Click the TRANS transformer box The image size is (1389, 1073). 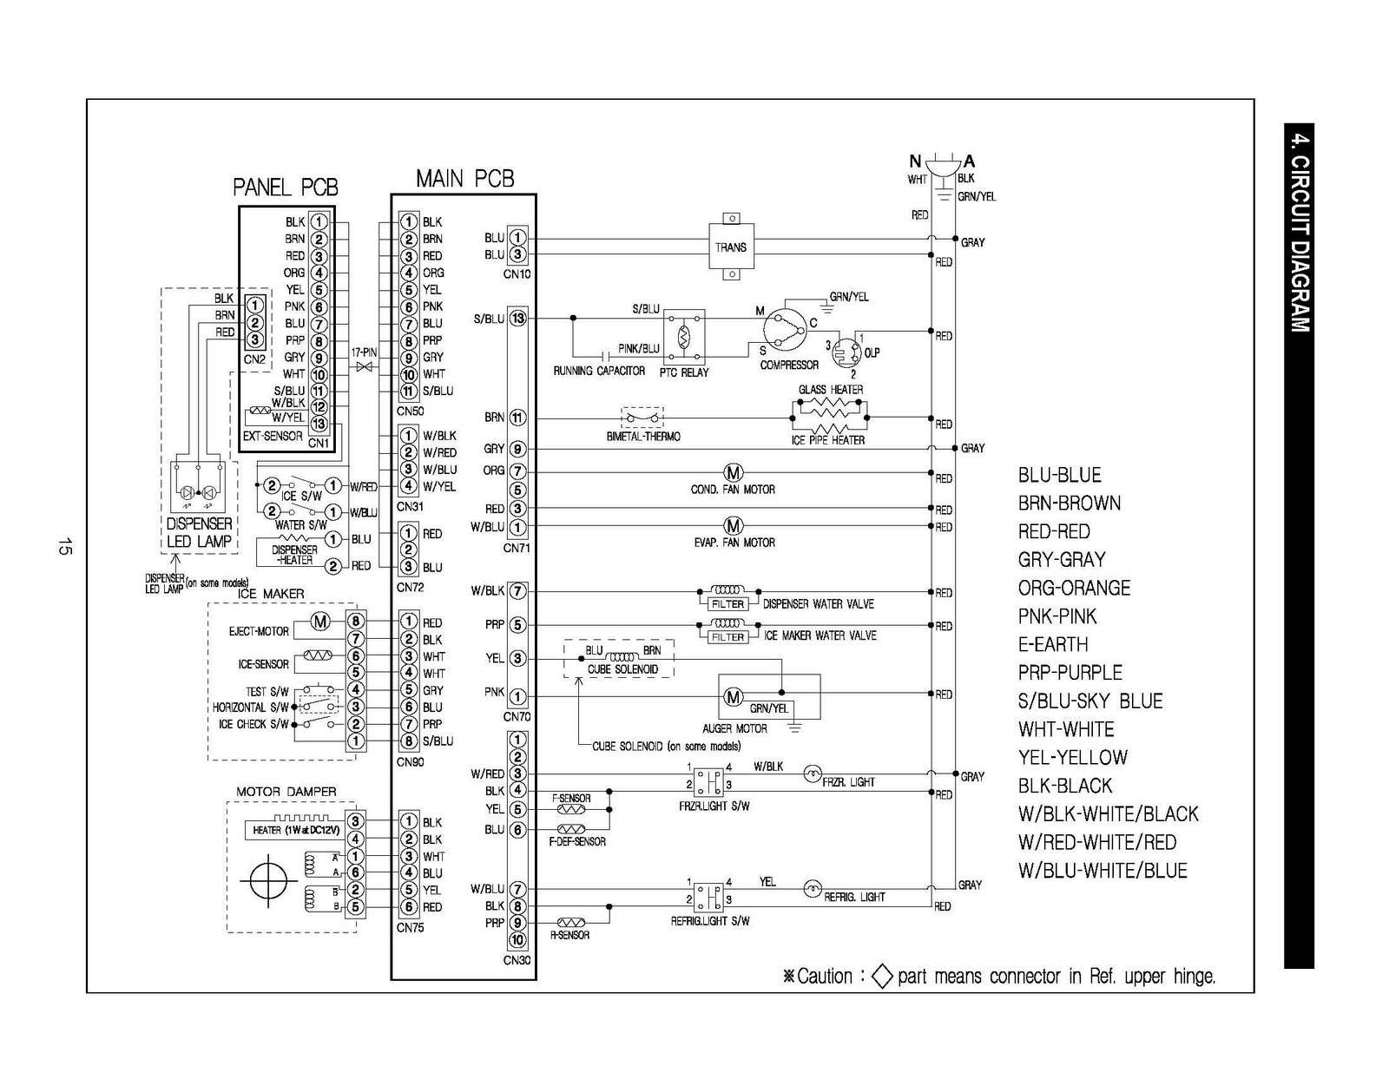[731, 247]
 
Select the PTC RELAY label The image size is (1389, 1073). [684, 372]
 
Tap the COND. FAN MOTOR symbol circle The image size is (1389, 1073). [734, 473]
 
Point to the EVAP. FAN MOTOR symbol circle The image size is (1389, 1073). [734, 526]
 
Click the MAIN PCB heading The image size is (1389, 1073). [464, 179]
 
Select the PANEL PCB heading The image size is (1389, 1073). [285, 188]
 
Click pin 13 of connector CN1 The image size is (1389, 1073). [319, 425]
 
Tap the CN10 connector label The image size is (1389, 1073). [517, 274]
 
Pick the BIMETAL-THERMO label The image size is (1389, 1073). [643, 437]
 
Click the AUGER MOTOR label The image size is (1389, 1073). [734, 728]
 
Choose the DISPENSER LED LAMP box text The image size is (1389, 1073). [199, 532]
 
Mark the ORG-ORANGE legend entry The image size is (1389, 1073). [1074, 588]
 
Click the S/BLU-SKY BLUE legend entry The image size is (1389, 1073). [1089, 701]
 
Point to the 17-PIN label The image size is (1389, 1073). [364, 353]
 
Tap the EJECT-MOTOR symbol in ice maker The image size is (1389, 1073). [320, 622]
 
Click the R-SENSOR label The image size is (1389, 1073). [569, 935]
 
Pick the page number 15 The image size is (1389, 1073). [63, 547]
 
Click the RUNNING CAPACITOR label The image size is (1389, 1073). [599, 372]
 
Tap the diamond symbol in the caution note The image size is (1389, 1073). [881, 977]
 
